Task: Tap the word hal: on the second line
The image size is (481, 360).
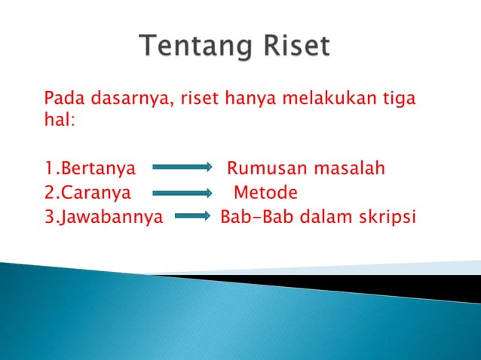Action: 60,121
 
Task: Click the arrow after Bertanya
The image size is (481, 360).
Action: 181,168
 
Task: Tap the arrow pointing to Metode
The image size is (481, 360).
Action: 181,194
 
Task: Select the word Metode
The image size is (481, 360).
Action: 265,193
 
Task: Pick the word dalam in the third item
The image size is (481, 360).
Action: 324,218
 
